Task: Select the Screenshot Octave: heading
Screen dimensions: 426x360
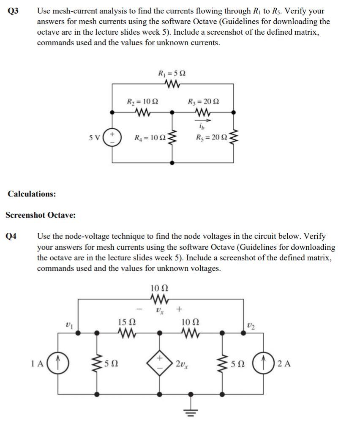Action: click(x=41, y=215)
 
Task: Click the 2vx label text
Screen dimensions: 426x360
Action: click(x=183, y=363)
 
